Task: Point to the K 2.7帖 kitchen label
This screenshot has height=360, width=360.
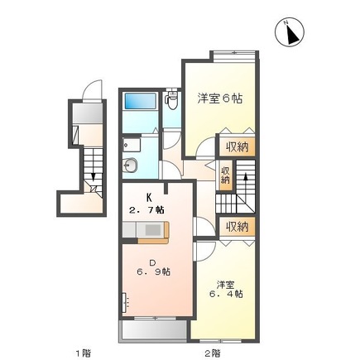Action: [149, 204]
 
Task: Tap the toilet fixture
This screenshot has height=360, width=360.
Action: [171, 102]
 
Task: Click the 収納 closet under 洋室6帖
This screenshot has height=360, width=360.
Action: [237, 148]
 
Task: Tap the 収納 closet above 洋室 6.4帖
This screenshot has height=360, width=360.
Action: [238, 226]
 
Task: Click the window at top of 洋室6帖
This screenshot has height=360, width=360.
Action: [233, 55]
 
